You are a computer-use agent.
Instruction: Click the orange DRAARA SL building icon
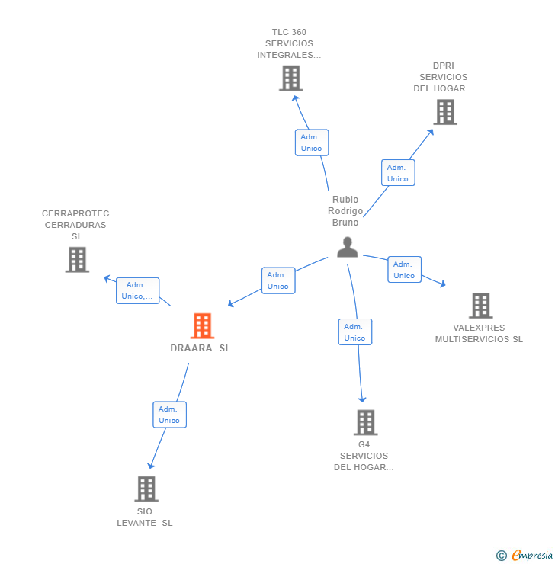[x=202, y=326]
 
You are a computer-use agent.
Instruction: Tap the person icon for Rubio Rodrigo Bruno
[x=347, y=247]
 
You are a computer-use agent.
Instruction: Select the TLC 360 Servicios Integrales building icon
[x=290, y=78]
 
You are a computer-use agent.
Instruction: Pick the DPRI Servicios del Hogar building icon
[x=444, y=112]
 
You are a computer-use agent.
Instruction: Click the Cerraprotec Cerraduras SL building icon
[x=77, y=259]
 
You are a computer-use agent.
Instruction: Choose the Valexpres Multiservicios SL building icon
[x=480, y=306]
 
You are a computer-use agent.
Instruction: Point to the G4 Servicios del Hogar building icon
[x=365, y=422]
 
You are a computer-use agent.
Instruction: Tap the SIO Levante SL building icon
[x=146, y=489]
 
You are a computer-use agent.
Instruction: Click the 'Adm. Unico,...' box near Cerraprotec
[x=137, y=290]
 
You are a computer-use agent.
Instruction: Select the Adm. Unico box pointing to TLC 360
[x=312, y=143]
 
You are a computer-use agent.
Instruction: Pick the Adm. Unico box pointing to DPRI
[x=398, y=173]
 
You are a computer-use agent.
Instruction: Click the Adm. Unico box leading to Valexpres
[x=404, y=270]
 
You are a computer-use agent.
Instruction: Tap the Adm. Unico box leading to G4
[x=354, y=332]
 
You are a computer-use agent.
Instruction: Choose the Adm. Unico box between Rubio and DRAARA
[x=278, y=280]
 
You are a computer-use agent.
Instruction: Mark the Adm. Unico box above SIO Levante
[x=169, y=415]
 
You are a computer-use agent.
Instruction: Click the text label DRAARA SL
[x=201, y=348]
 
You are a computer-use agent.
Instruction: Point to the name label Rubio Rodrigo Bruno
[x=345, y=211]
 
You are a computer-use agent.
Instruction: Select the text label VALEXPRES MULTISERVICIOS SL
[x=479, y=334]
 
